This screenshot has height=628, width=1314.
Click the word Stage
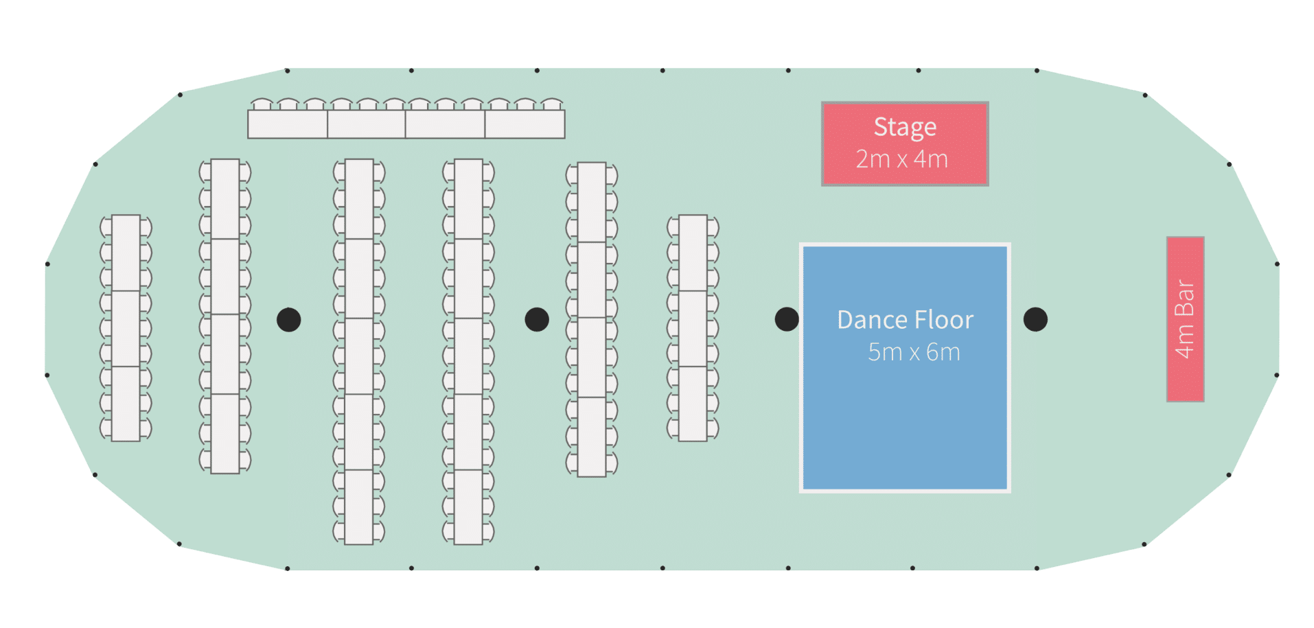pos(905,128)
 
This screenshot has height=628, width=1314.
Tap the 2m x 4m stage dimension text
pos(901,159)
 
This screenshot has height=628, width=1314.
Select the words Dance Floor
pos(905,320)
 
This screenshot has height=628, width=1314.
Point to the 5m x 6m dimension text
pos(914,352)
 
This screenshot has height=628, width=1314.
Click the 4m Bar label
pos(1185,319)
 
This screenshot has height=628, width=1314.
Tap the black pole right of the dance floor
pos(1035,319)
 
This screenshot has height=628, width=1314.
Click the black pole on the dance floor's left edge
pos(787,319)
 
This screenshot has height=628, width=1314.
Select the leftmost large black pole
pos(289,320)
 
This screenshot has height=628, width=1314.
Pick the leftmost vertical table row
pos(126,328)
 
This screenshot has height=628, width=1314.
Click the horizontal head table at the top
pos(406,124)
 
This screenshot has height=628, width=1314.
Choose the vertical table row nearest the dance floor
pos(693,328)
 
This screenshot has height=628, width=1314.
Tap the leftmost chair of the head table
pos(262,104)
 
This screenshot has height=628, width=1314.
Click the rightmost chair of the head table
pos(552,104)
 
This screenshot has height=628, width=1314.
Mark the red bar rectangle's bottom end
pos(1186,401)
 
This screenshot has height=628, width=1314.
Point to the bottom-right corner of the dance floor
pos(1008,490)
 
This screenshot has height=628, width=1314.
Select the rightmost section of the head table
pos(525,124)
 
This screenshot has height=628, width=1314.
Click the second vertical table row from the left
pos(225,316)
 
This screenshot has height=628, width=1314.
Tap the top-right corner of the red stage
pos(988,103)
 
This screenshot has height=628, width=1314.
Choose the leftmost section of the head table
pos(288,124)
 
